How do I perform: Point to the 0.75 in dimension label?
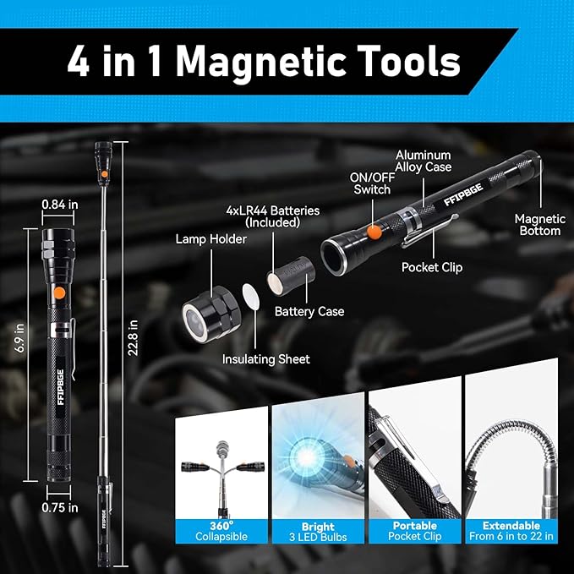point(60,507)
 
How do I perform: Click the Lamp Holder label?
point(211,239)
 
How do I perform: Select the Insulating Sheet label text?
point(265,359)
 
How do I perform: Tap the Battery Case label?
point(309,311)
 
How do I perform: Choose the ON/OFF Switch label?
point(370,183)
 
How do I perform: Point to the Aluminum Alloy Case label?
point(424,161)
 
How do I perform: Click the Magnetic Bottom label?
point(538,225)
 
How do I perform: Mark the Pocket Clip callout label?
point(432,268)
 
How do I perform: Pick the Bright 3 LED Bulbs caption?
point(318,530)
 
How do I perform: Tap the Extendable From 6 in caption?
point(512,530)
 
